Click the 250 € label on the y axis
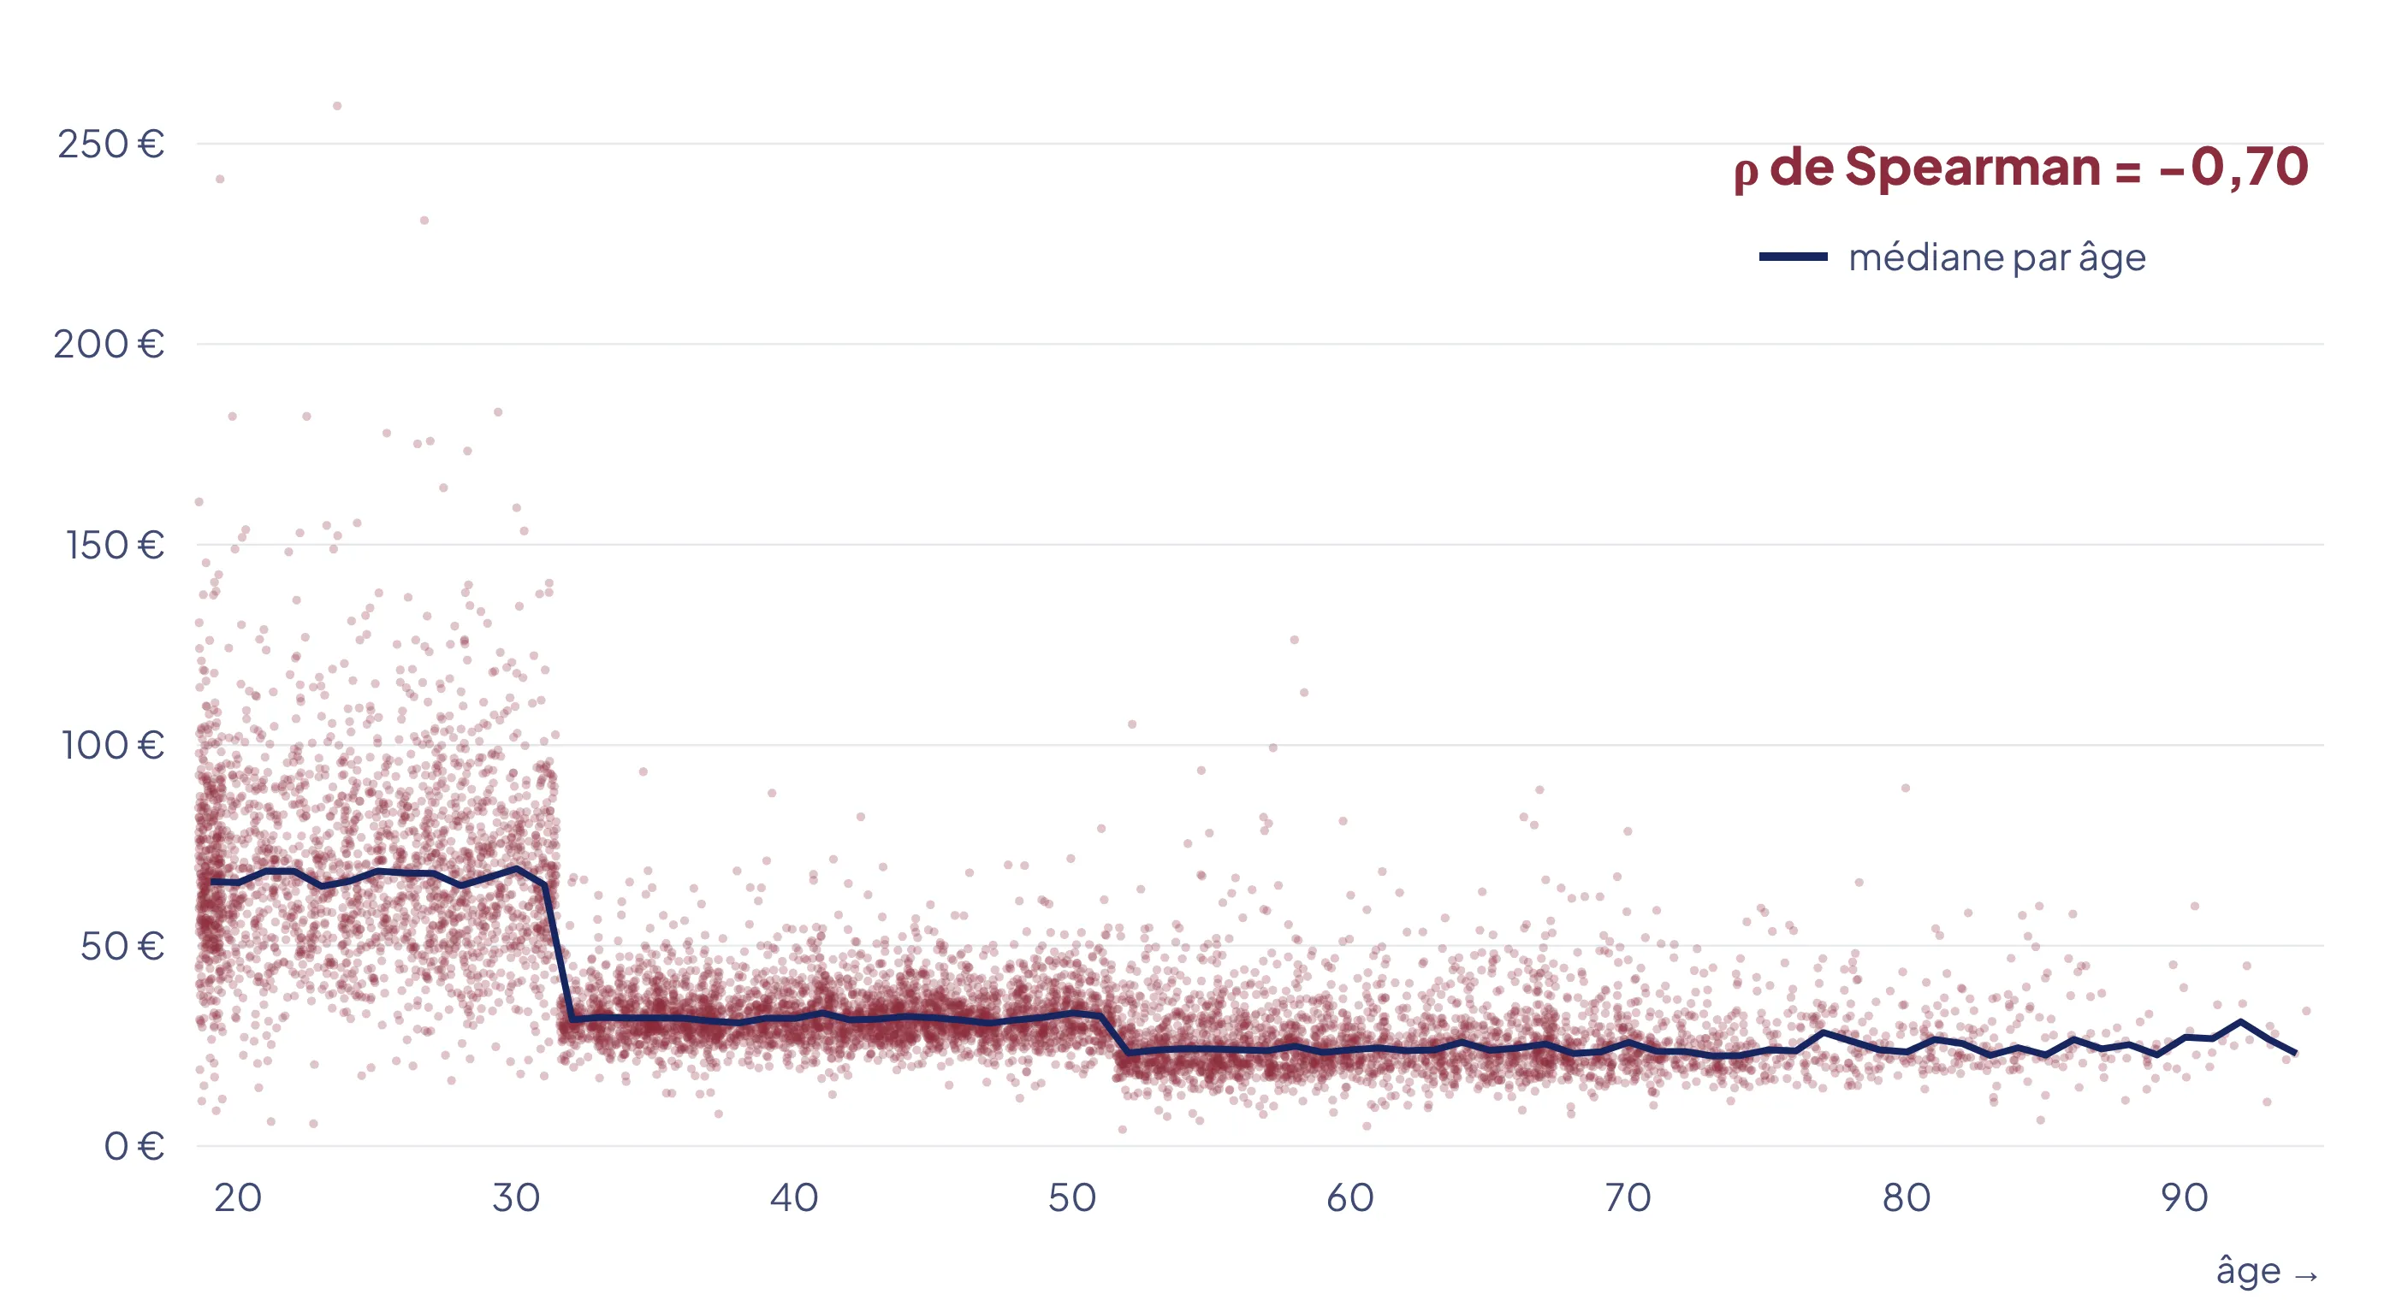110,145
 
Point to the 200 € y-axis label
109,344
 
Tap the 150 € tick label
116,545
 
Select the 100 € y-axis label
113,745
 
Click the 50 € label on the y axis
122,946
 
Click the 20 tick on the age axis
238,1197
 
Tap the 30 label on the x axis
516,1197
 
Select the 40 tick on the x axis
794,1197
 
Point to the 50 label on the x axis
1072,1197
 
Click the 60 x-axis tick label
1350,1197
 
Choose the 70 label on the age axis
1628,1197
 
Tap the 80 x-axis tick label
1907,1197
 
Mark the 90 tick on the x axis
2185,1197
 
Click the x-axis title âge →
2268,1271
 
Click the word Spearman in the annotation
1972,168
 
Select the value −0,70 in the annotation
2233,168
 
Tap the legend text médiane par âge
1997,257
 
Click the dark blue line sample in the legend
1794,257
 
